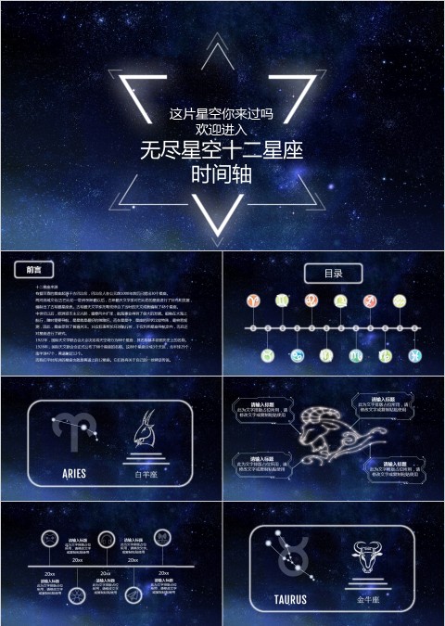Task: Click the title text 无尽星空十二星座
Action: click(x=222, y=149)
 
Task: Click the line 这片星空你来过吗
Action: click(x=222, y=114)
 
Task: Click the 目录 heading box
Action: click(x=333, y=274)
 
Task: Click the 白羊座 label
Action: click(x=146, y=474)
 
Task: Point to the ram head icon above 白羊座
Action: click(x=145, y=433)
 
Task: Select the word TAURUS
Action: click(x=289, y=599)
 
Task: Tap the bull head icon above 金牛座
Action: click(x=367, y=561)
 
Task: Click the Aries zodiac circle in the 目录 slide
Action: click(x=252, y=301)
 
